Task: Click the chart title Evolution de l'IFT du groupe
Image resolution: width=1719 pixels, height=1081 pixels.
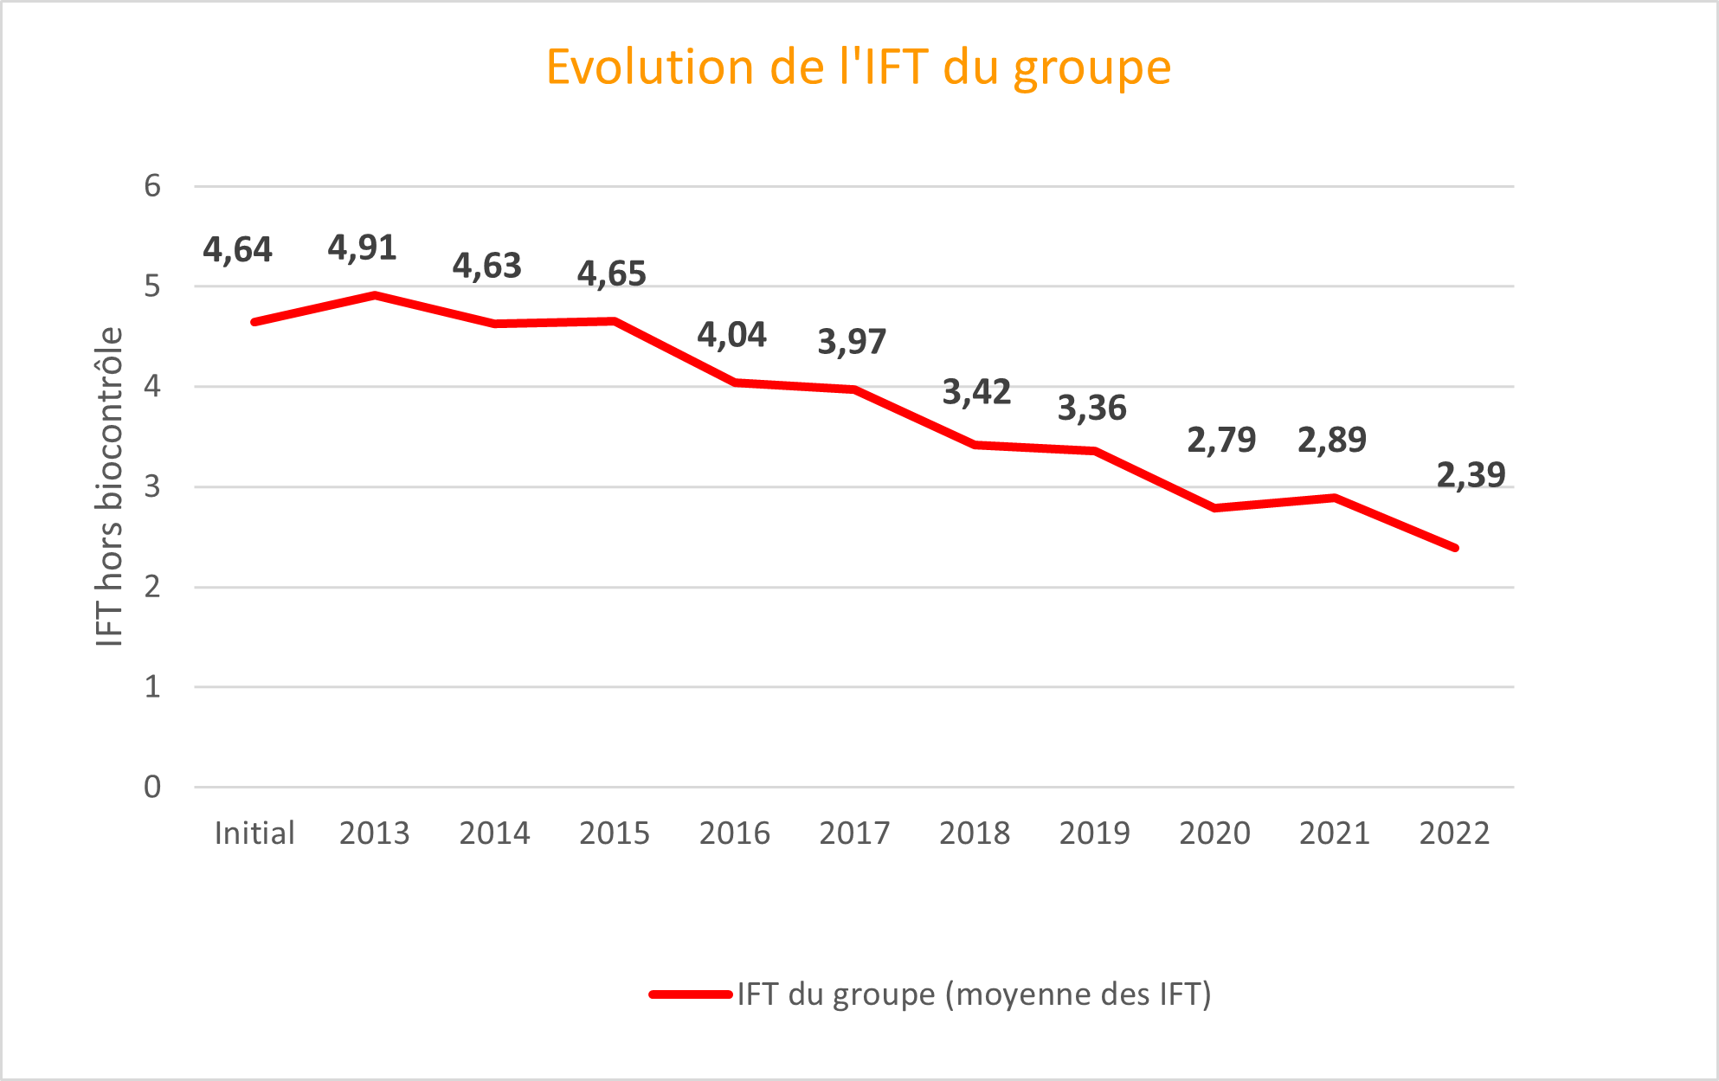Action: [859, 68]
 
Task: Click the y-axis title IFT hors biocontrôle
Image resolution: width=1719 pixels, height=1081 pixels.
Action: [110, 486]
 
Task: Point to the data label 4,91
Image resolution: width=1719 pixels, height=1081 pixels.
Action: [362, 248]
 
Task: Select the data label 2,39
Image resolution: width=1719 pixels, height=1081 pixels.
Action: [1471, 475]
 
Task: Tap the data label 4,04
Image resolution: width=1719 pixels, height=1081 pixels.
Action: [731, 335]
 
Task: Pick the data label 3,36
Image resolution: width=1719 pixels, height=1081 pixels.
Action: [1091, 408]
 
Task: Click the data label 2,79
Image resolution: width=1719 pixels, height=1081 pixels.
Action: [1220, 441]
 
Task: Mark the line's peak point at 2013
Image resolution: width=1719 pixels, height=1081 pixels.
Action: [374, 295]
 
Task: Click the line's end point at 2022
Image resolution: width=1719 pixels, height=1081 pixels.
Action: [1455, 548]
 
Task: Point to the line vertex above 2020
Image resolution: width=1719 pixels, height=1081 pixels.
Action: [1215, 508]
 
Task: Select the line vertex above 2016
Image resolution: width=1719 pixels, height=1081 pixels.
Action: [735, 382]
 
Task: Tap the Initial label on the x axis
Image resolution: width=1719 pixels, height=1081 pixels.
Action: [254, 833]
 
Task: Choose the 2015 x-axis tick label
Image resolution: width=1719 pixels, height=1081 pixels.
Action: [614, 833]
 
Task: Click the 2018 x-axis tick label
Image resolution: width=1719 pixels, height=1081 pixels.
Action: [975, 833]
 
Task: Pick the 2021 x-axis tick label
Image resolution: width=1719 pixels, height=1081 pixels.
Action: [1334, 833]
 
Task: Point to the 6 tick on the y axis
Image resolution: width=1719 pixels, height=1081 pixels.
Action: [152, 186]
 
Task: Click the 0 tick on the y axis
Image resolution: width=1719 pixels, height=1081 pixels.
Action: [152, 787]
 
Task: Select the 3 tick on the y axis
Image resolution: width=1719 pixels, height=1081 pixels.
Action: [152, 486]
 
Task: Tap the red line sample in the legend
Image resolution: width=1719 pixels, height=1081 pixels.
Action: [691, 994]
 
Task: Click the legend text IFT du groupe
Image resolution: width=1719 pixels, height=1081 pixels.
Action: [974, 994]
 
